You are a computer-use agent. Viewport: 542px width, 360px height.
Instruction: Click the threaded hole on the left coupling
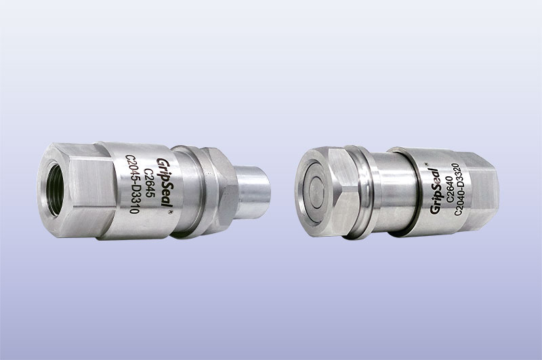point(55,190)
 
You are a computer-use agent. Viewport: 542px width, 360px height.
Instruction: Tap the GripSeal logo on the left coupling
point(165,182)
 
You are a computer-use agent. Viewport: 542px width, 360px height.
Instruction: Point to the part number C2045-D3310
point(132,184)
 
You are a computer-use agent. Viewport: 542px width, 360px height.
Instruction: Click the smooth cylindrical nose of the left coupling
point(252,192)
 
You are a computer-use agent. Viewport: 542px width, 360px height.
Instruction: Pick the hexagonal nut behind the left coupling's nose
point(222,191)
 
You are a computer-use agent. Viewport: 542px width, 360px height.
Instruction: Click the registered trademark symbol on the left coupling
point(170,212)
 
